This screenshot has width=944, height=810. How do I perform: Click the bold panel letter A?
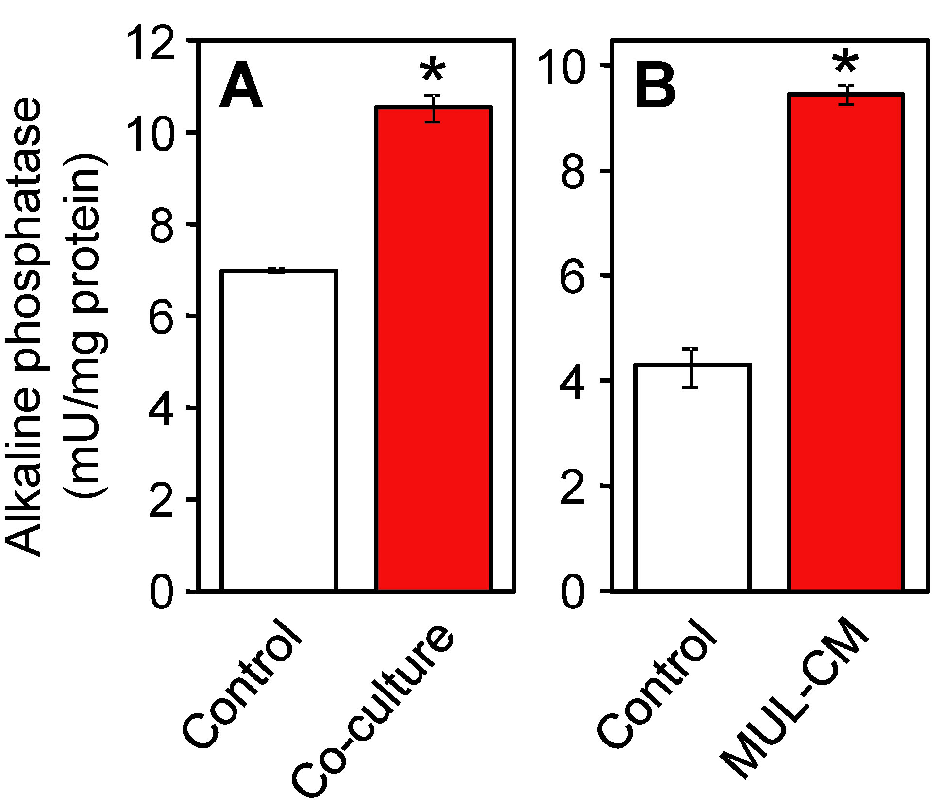point(241,87)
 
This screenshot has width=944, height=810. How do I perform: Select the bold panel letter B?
point(655,87)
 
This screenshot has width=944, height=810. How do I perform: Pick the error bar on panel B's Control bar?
point(690,368)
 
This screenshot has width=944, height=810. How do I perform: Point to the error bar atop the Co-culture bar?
point(432,109)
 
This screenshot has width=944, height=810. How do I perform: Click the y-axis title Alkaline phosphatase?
point(24,325)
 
